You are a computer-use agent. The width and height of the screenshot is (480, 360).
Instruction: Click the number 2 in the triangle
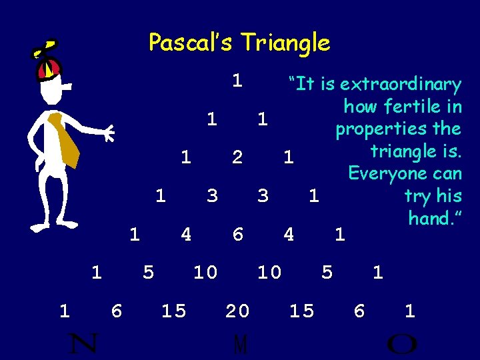point(237,157)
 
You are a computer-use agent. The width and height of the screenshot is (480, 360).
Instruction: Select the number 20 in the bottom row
point(237,311)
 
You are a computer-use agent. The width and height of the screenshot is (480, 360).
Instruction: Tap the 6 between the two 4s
point(237,235)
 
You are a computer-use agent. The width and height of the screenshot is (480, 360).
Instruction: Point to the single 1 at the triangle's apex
point(237,81)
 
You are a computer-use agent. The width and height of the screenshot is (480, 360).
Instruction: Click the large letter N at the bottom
point(84,343)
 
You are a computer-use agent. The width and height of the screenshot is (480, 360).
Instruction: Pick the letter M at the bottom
point(241,345)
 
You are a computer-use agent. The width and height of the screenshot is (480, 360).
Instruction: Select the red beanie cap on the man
point(50,67)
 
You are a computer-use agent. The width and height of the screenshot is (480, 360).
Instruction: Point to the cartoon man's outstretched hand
point(107,133)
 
